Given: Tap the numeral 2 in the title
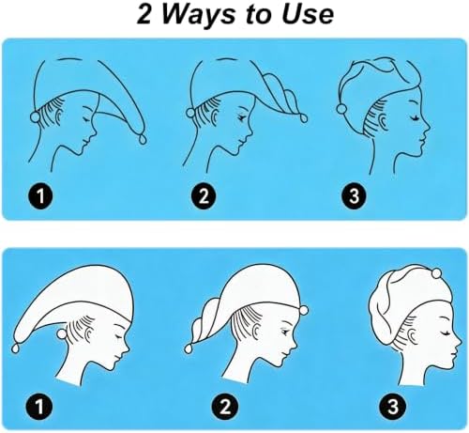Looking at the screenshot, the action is [144, 14].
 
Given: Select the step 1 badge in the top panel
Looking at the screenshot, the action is [40, 196].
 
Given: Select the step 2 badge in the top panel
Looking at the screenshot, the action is [204, 196].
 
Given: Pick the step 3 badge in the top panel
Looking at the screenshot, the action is [354, 196].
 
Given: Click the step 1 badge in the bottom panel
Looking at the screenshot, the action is [39, 407].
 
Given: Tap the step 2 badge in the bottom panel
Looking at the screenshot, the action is [225, 407].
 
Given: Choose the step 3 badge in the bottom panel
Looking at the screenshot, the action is [393, 407].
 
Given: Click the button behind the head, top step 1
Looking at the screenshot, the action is [35, 117].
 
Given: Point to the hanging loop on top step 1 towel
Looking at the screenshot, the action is [143, 139].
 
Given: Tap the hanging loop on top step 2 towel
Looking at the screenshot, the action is [304, 118].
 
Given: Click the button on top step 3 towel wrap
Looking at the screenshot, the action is [341, 108].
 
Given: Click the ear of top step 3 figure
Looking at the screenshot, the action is [382, 120].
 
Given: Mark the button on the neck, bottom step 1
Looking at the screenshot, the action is [61, 334].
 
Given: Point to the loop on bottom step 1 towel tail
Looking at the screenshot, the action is [15, 348].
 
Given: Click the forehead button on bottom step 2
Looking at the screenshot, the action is [303, 310].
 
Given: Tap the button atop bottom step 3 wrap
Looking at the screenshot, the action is [436, 273].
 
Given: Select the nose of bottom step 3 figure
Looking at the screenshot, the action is [459, 341].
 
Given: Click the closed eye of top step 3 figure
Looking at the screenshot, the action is [415, 118].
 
